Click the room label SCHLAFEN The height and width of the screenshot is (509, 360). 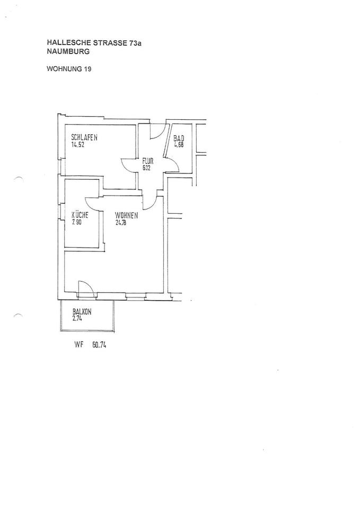(84, 138)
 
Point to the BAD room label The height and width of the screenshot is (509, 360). (178, 138)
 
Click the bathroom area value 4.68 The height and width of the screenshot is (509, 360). (179, 145)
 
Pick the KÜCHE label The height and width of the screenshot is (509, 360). (80, 215)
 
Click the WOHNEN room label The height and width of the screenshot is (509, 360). (127, 216)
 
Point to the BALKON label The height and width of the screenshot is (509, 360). (82, 312)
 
